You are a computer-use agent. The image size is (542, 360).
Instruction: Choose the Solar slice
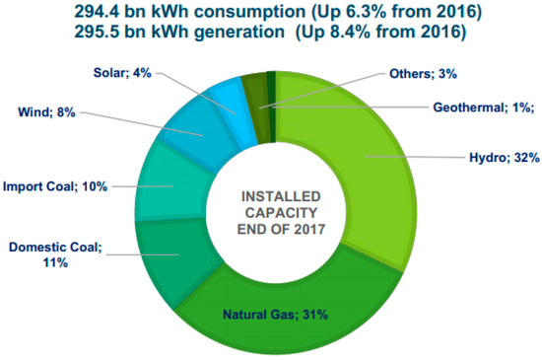click(x=237, y=99)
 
